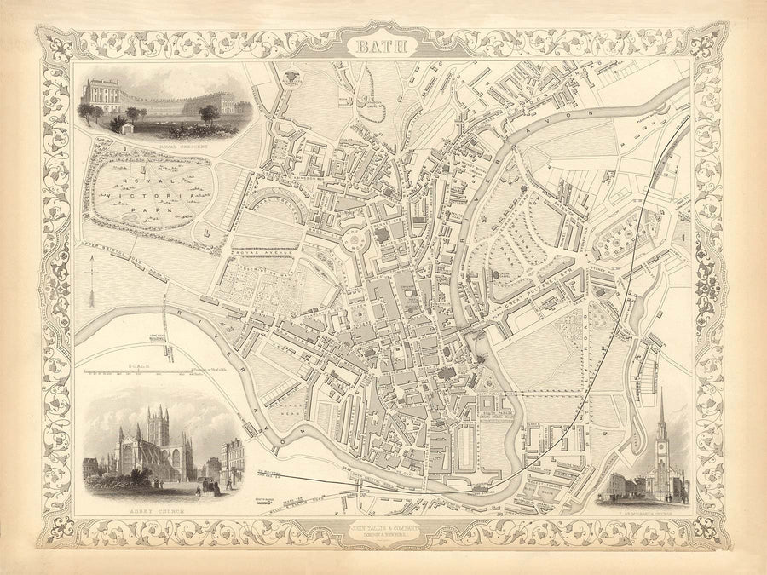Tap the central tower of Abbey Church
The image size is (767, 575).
[159, 427]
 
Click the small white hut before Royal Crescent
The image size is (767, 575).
[128, 128]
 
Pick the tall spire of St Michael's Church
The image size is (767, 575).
[661, 417]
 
